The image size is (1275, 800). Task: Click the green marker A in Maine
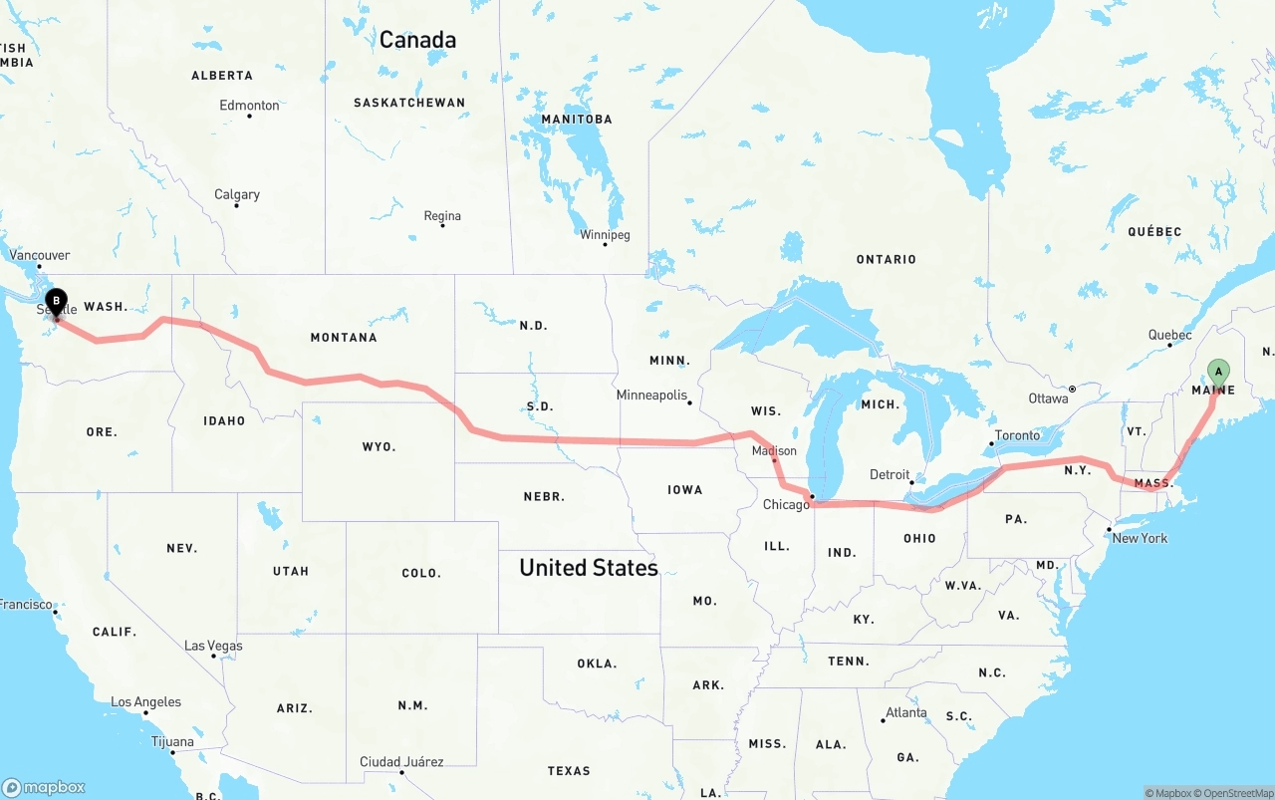[x=1217, y=373]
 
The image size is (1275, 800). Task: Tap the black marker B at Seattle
[x=57, y=300]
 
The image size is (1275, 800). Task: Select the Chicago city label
[x=786, y=505]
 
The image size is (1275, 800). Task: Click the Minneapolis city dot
[x=689, y=402]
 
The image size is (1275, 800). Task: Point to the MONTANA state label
[x=344, y=338]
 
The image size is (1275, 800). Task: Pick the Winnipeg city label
[x=606, y=235]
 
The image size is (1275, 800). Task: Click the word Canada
[x=417, y=40]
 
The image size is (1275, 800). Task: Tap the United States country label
[x=589, y=568]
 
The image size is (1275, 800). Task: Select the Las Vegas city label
[x=213, y=646]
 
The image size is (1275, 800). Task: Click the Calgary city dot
[x=237, y=205]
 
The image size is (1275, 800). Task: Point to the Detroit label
[x=890, y=474]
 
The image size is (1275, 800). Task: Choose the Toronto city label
[x=1018, y=435]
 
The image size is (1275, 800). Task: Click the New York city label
[x=1140, y=538]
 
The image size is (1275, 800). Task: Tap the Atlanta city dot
[x=884, y=720]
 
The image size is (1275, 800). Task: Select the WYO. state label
[x=380, y=447]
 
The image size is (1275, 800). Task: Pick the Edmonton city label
[x=249, y=106]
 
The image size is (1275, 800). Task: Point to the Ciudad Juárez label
[x=401, y=762]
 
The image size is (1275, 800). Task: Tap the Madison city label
[x=774, y=451]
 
